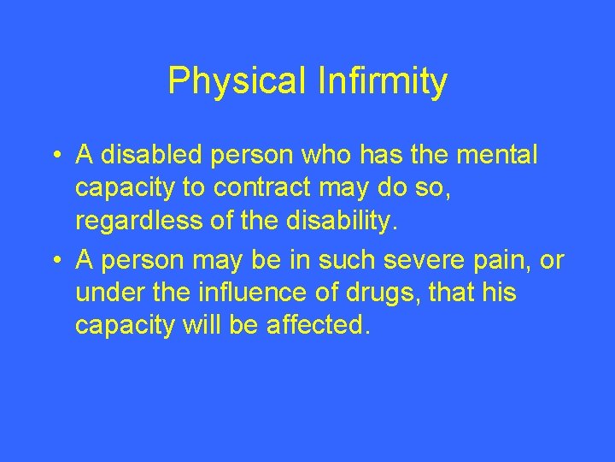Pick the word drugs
[x=378, y=293]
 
